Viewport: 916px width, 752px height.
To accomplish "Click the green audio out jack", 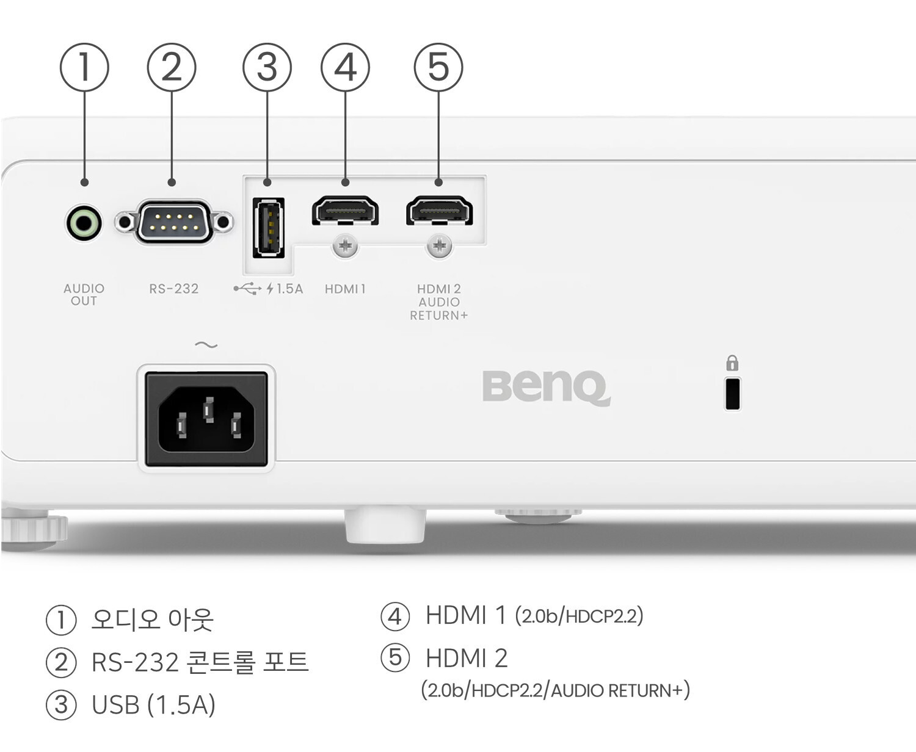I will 84,223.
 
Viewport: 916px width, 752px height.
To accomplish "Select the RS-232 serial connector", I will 174,222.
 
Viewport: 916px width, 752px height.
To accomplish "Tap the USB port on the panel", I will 269,227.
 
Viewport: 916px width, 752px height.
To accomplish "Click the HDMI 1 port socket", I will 345,211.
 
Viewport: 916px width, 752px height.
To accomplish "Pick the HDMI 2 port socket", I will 439,211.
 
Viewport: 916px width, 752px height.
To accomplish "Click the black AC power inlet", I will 206,419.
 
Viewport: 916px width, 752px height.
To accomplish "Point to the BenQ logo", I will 546,387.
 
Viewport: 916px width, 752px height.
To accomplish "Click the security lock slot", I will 732,394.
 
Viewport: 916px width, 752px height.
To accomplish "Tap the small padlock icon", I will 732,364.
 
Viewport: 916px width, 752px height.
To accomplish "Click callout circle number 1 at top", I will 84,67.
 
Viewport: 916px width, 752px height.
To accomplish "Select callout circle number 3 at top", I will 267,67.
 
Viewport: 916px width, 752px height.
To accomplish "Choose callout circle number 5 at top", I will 438,67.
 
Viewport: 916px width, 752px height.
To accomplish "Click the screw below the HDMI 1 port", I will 345,246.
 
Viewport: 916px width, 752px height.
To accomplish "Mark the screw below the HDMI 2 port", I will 439,246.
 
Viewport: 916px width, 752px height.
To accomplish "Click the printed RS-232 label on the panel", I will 174,289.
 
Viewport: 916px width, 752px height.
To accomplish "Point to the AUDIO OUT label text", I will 84,294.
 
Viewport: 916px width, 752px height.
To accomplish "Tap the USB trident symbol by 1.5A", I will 247,289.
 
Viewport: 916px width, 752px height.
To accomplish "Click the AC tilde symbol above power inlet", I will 206,345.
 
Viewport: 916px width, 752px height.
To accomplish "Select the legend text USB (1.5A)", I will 153,704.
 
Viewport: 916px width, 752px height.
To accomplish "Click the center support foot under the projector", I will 385,526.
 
